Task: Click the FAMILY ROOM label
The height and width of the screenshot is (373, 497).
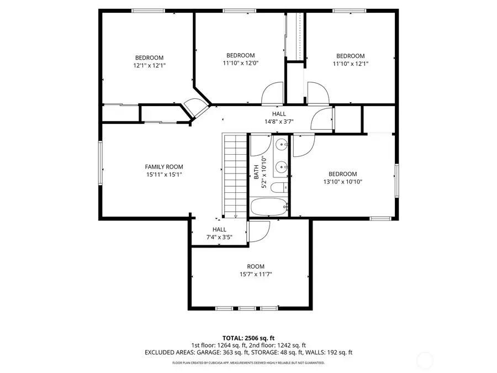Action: point(164,167)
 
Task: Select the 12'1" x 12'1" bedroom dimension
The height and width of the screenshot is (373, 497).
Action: point(149,65)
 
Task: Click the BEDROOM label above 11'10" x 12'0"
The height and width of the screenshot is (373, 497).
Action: point(240,55)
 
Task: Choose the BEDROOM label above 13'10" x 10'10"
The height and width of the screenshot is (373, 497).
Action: point(342,174)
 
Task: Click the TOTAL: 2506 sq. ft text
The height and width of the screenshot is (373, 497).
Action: point(248,338)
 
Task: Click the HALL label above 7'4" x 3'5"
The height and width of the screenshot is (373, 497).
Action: point(219,229)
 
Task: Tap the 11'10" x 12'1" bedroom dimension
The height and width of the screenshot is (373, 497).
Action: point(351,64)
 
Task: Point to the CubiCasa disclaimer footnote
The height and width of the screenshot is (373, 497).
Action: point(248,363)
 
